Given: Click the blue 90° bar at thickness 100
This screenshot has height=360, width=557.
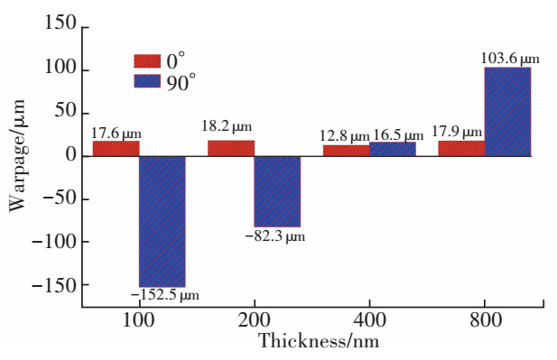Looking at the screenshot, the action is pos(162,222).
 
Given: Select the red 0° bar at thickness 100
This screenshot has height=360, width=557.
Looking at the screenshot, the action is pos(116,149).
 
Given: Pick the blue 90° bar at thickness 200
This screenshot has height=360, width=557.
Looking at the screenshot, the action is pos(277,191).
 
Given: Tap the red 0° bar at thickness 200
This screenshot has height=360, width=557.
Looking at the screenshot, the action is pos(231,148).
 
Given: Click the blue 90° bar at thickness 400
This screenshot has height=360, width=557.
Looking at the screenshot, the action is pos(393,149).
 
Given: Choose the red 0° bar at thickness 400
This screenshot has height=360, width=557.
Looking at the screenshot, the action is pos(347,151).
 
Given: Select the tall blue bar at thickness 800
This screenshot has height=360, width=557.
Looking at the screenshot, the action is pos(507,112).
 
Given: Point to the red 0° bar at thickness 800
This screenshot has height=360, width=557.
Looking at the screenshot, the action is pos(461,149).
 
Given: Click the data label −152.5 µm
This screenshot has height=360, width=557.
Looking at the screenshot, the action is pos(165,295).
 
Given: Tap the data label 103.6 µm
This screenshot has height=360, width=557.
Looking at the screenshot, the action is pos(510,59).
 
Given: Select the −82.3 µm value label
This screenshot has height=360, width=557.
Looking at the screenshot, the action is pos(275,236).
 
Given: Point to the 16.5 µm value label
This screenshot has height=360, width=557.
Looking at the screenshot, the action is pos(398,135).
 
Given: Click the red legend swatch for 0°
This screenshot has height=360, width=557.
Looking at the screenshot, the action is pos(147,61).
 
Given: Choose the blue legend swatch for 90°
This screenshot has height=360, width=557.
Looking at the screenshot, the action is pos(147,80).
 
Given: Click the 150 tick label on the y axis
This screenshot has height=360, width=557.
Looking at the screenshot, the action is pos(60,23).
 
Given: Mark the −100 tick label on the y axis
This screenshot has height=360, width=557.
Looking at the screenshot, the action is pos(54,242).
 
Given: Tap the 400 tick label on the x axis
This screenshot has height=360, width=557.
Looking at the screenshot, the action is pos(369,320).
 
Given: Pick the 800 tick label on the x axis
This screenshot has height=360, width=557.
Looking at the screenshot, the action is pos(486,320).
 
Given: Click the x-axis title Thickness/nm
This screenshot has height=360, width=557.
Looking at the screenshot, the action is pos(319,341).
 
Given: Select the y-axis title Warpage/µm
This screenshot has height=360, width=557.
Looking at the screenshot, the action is pos(17,156).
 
